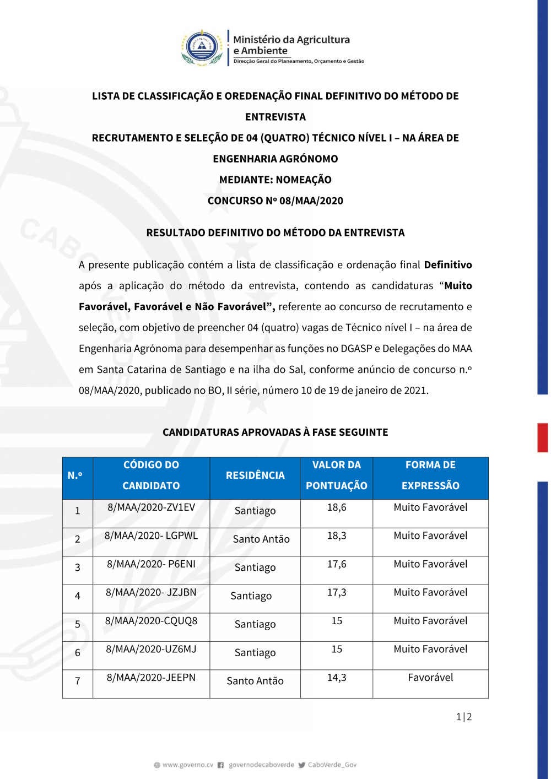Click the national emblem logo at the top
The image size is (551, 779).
(x=202, y=48)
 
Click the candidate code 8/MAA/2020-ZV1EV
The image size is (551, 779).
(x=151, y=507)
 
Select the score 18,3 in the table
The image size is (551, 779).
(x=337, y=535)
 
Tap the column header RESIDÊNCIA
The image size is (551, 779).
(x=255, y=475)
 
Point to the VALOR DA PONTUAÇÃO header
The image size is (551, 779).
(x=337, y=475)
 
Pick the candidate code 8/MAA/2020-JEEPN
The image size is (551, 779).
(x=151, y=678)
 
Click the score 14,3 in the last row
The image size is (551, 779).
(x=337, y=678)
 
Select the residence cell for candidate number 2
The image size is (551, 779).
(x=261, y=539)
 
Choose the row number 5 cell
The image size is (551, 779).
(x=78, y=624)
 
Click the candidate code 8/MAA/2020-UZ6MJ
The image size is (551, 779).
(x=151, y=649)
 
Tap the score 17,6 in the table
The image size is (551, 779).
(x=337, y=564)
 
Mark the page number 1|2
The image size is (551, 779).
(x=464, y=717)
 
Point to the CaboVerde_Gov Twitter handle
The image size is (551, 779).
(x=332, y=765)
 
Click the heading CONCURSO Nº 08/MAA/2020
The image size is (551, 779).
(x=275, y=201)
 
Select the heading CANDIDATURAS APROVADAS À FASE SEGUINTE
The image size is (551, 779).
(x=275, y=432)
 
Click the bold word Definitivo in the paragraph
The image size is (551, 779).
(x=448, y=265)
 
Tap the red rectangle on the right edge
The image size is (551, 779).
(x=543, y=438)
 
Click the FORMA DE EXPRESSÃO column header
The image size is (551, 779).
(x=430, y=475)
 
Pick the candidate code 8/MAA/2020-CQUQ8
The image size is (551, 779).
(x=151, y=621)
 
